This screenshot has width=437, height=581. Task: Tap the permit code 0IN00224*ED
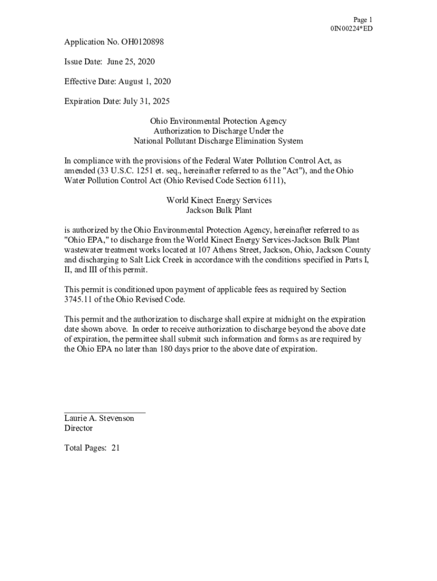351,29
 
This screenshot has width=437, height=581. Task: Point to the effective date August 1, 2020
144,82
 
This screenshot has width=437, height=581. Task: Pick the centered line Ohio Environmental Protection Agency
218,121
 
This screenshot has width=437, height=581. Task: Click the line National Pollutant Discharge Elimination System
218,141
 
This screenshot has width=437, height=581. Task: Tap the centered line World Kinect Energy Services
218,200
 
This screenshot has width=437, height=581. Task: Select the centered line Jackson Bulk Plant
218,210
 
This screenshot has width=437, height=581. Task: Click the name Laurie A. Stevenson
99,418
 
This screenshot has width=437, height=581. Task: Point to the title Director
78,428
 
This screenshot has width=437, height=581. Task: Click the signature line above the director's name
105,411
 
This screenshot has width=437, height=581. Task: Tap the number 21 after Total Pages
115,448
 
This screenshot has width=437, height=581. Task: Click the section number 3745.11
81,300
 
